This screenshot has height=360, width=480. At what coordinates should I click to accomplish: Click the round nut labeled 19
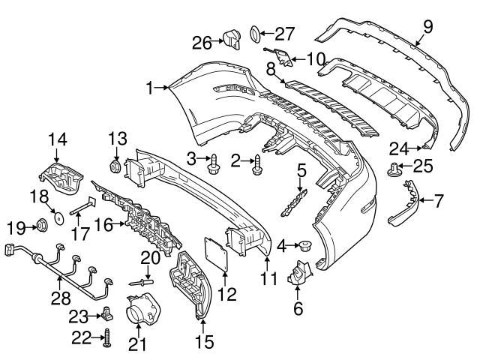coord(42,225)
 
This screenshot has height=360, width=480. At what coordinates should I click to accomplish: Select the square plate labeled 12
coord(218,251)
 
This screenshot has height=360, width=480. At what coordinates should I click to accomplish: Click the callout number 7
coord(439,200)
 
